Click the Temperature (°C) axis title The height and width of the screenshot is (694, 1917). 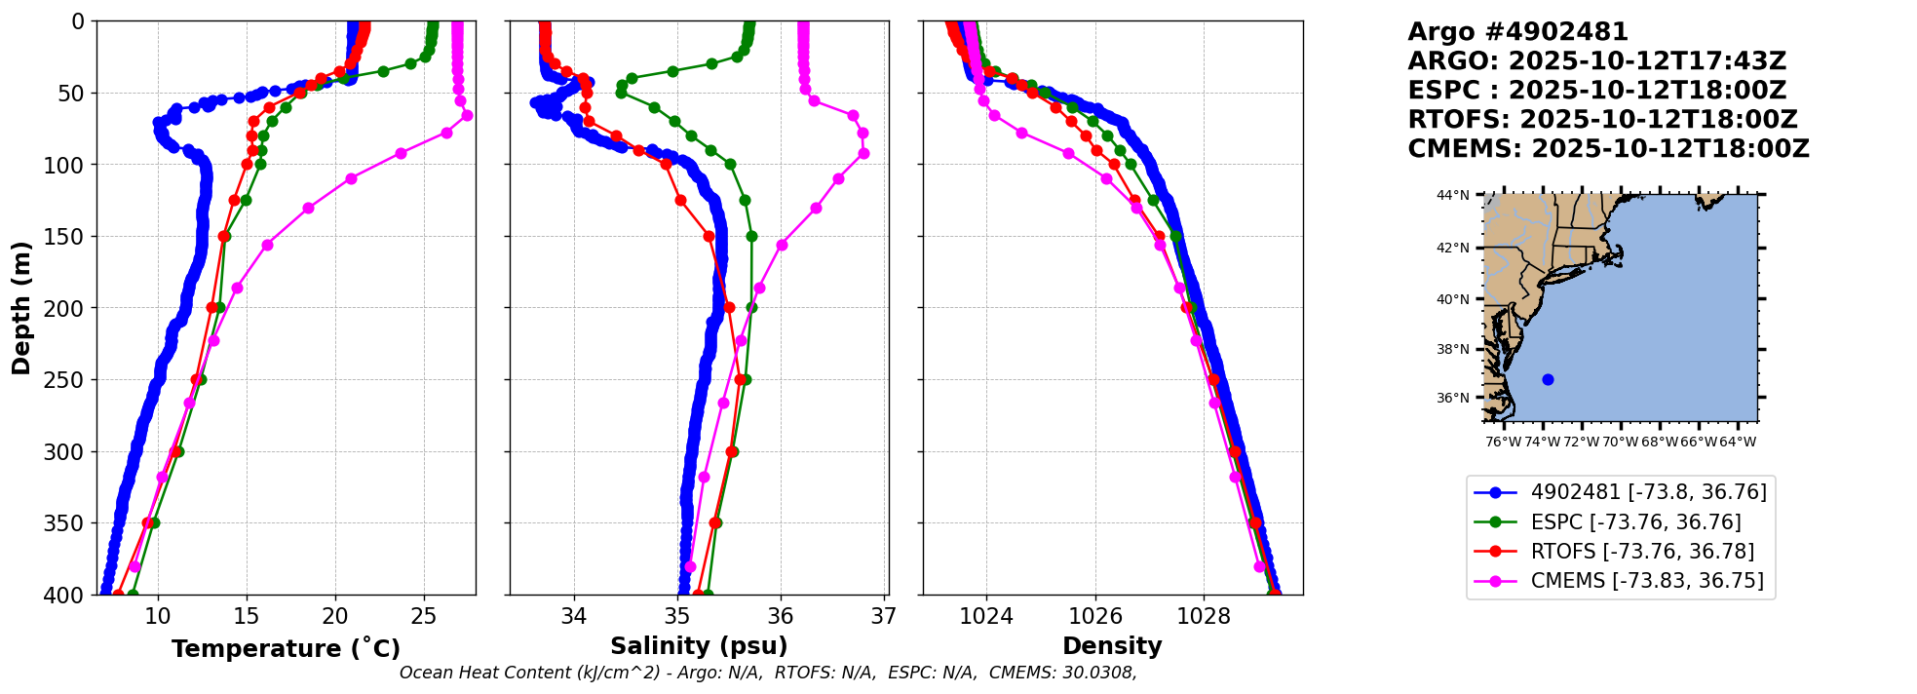tap(286, 649)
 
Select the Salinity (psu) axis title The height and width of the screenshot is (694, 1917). tap(699, 646)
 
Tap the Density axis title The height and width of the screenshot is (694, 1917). tap(1112, 646)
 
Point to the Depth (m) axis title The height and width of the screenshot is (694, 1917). tap(21, 307)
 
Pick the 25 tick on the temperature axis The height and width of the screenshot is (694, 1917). tap(424, 616)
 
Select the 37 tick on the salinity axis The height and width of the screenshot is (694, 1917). tap(884, 616)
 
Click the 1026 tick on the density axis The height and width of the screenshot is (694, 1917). tap(1095, 616)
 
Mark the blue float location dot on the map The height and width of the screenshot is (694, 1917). tap(1548, 379)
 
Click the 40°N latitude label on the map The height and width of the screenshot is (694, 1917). tap(1452, 299)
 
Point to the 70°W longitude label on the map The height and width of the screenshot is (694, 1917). tap(1620, 443)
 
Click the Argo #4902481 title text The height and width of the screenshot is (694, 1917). tap(1517, 32)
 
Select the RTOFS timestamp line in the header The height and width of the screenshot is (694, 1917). tap(1602, 120)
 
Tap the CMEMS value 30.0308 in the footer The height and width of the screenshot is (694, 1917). tap(1098, 674)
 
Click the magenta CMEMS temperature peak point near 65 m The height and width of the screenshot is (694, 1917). tap(467, 115)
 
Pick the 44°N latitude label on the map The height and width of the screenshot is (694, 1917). tap(1452, 196)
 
